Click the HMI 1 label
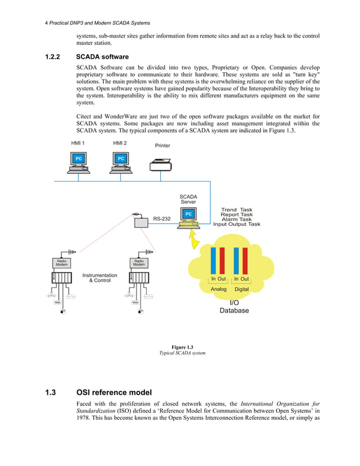click(x=78, y=143)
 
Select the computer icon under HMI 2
click(x=120, y=161)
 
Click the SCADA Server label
click(x=188, y=199)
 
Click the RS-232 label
click(x=163, y=218)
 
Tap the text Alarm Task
click(x=236, y=219)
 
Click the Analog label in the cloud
click(x=218, y=289)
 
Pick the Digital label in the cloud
click(x=242, y=289)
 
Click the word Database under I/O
click(x=234, y=310)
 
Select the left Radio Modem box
click(x=62, y=263)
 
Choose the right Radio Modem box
click(x=139, y=263)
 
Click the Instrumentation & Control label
click(x=100, y=278)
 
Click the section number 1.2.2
click(x=55, y=57)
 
